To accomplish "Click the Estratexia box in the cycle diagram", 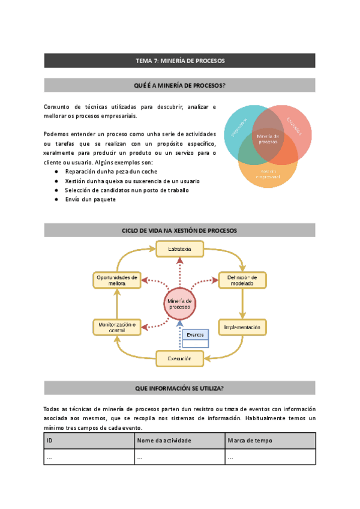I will (179, 249).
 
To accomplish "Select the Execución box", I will (179, 359).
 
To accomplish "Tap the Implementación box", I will (242, 328).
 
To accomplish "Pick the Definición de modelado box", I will (242, 280).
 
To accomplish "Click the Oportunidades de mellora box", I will (117, 280).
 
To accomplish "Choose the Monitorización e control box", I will (117, 327).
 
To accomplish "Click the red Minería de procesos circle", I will (179, 304).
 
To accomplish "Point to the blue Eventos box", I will (196, 335).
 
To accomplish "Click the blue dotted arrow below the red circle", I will (179, 336).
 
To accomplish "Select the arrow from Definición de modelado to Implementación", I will (242, 304).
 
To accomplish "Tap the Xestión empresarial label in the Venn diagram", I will (268, 174).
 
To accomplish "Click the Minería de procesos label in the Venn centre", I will (268, 139).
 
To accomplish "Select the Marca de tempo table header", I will (270, 441).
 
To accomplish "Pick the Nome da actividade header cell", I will (179, 441).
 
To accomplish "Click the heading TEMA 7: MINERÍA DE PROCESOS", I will (179, 61).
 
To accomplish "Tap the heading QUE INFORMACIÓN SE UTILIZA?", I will (179, 388).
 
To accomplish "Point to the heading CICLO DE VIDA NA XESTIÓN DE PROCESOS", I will (179, 230).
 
